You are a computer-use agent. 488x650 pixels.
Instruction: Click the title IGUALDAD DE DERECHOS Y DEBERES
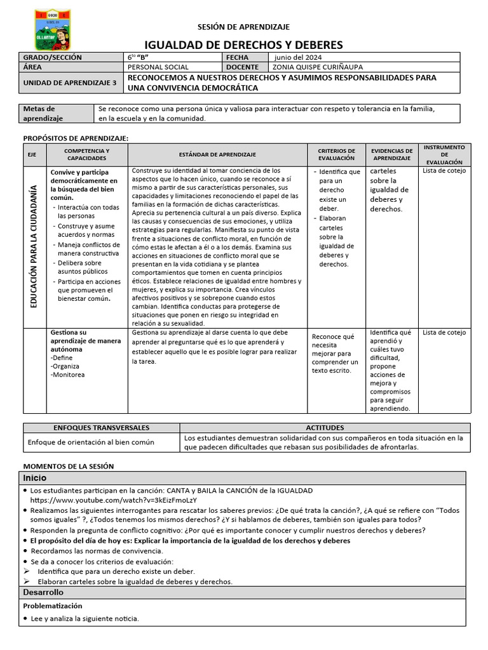click(244, 44)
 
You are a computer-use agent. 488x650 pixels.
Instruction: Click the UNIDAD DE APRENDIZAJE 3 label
click(70, 83)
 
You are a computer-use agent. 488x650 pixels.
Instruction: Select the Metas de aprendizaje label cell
click(43, 114)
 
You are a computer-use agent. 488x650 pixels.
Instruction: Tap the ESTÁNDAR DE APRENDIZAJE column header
click(217, 154)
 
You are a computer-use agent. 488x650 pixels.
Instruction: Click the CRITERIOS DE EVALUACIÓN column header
click(337, 154)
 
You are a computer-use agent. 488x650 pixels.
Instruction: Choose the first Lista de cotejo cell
click(444, 170)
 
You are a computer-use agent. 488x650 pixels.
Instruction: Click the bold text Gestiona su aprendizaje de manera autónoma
click(85, 340)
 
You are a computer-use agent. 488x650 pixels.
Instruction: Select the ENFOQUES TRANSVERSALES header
click(102, 428)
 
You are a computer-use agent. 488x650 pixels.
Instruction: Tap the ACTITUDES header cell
click(325, 428)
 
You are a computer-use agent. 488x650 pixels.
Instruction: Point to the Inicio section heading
click(36, 478)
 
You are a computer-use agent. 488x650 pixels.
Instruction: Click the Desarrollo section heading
click(43, 592)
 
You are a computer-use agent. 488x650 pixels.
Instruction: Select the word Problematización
click(53, 606)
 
